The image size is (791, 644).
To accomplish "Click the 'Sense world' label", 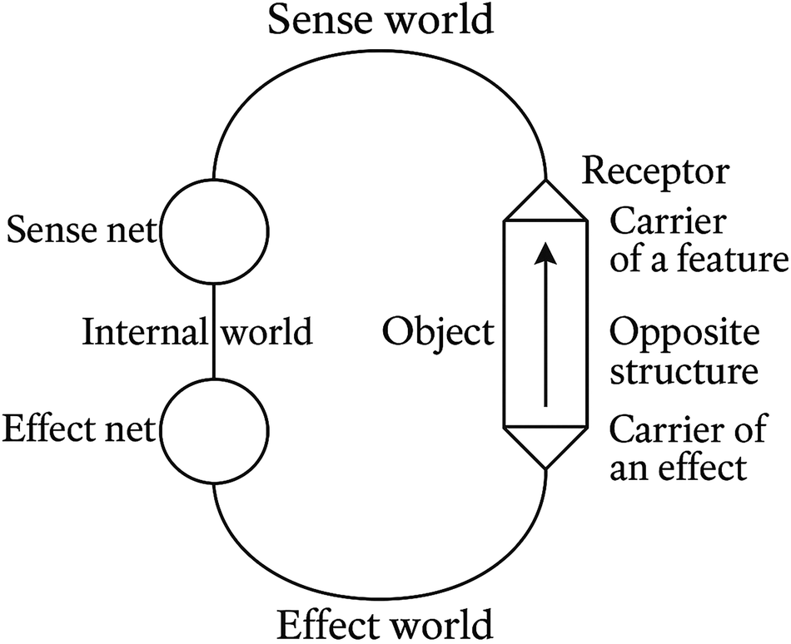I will click(x=380, y=20).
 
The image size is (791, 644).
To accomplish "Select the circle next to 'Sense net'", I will click(x=214, y=231).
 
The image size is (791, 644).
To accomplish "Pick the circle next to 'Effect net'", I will click(x=214, y=430).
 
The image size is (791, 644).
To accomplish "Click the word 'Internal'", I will click(x=143, y=333).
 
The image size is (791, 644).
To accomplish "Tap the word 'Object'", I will click(x=438, y=333).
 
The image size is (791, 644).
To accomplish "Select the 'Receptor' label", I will click(x=654, y=172).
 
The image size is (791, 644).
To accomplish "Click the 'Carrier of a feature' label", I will click(x=698, y=241).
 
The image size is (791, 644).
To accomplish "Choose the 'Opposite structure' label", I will click(x=684, y=352).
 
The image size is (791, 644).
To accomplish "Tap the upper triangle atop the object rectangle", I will click(x=545, y=202).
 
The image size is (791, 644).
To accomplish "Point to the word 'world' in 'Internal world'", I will click(x=266, y=333).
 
